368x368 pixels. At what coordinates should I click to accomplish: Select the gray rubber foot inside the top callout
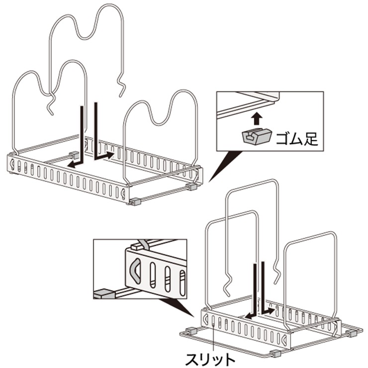[x=256, y=136]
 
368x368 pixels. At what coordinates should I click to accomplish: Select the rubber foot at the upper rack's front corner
[x=134, y=202]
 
